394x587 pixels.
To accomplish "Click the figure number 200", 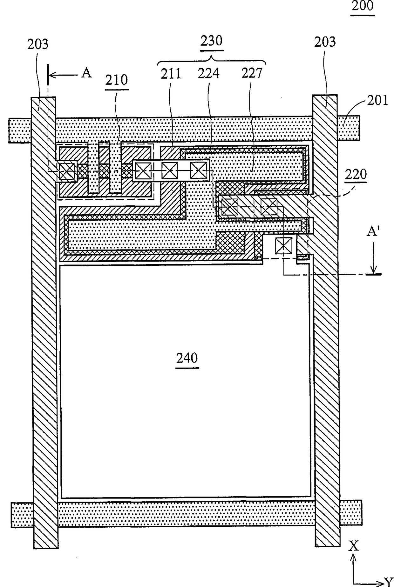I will [x=363, y=6].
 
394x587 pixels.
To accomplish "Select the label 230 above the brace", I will [x=212, y=41].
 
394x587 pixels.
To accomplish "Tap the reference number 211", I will [x=171, y=74].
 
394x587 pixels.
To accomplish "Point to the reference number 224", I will [x=208, y=74].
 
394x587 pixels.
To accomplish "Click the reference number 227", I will [x=252, y=73].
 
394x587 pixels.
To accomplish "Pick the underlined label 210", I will [x=117, y=80].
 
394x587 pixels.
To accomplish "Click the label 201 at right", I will [x=378, y=101].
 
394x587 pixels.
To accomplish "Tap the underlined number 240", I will [x=187, y=358].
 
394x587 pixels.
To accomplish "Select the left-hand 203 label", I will [x=38, y=44].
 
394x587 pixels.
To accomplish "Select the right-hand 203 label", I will [x=325, y=42].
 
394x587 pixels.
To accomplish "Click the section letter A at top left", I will [x=86, y=73].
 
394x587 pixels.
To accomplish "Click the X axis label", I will [x=353, y=546].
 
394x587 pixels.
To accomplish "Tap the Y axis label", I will [x=389, y=582].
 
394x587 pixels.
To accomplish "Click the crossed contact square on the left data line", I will [x=67, y=172].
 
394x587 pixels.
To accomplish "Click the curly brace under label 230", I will [x=212, y=59].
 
